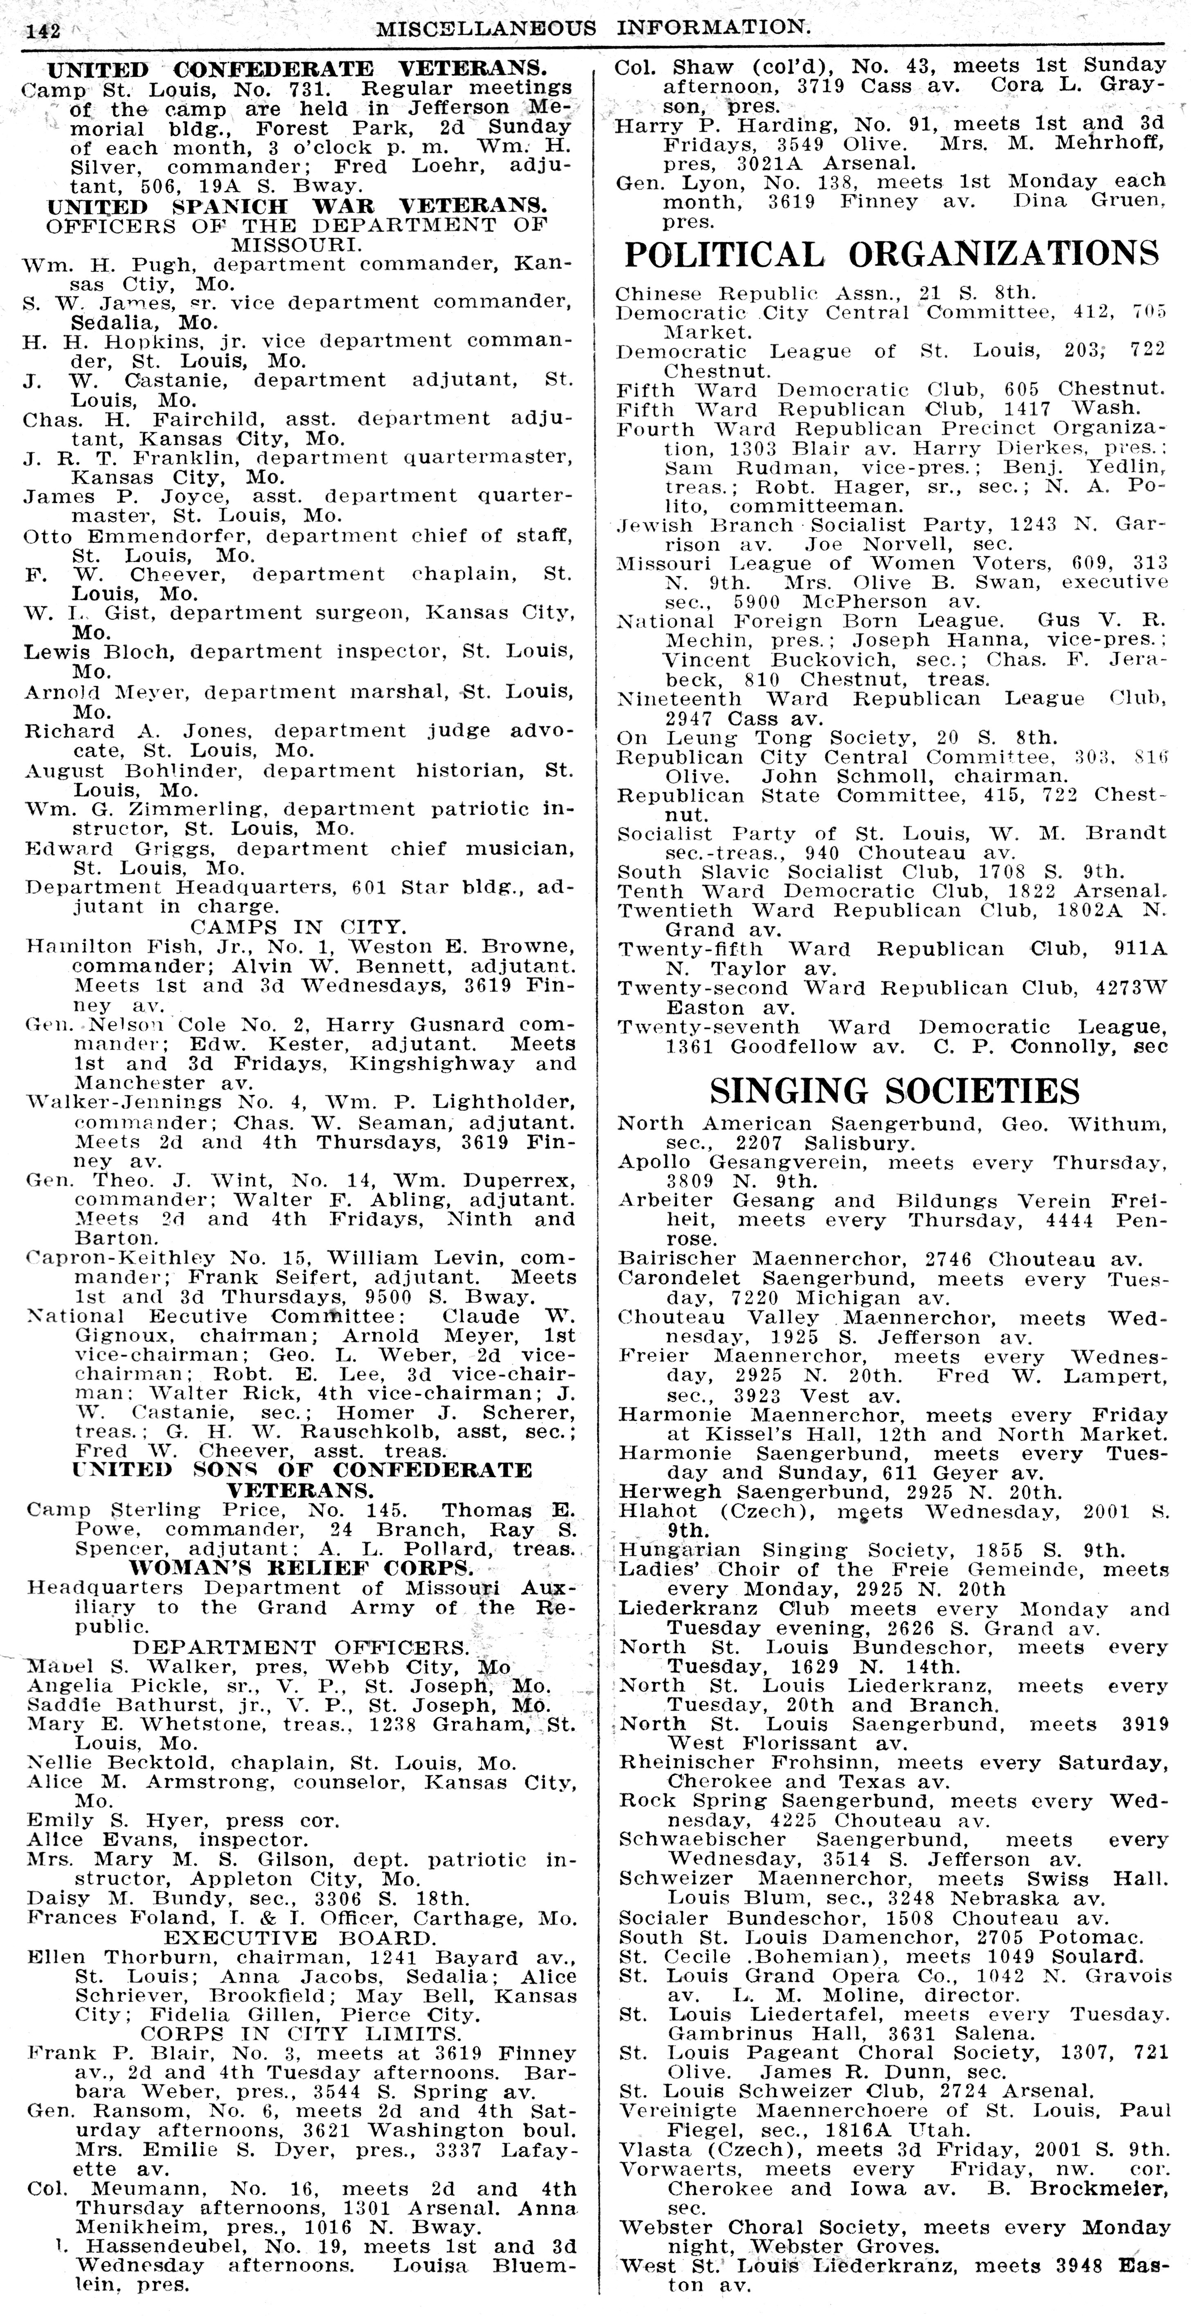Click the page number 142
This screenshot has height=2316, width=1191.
coord(43,31)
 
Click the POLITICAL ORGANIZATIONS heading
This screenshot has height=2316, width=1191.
coord(891,255)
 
